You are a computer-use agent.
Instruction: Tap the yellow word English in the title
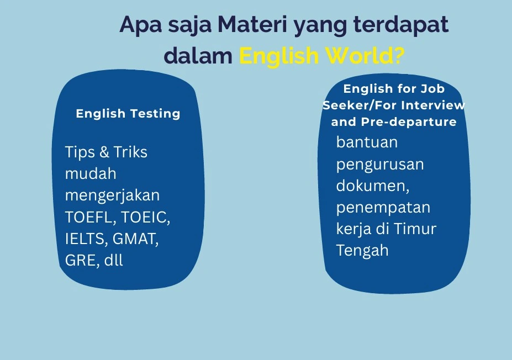(x=279, y=56)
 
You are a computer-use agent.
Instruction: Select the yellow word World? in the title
(x=366, y=55)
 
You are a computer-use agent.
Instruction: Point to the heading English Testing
(x=128, y=114)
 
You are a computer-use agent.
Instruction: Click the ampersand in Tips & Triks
(x=104, y=152)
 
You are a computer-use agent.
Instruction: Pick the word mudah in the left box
(x=91, y=173)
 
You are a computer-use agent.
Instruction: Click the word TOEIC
(x=146, y=218)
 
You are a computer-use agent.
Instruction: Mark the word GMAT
(x=135, y=239)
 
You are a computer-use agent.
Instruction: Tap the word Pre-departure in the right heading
(x=409, y=122)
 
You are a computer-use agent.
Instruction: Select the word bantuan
(x=367, y=142)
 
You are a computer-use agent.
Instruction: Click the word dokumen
(x=373, y=186)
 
